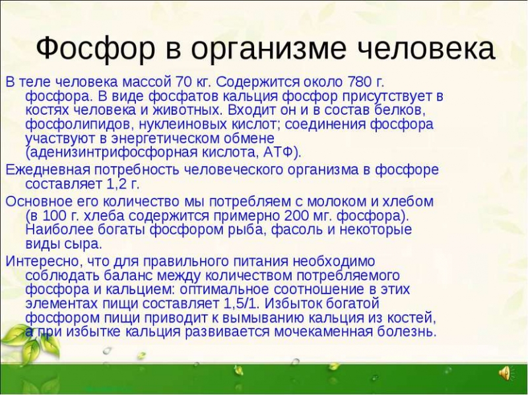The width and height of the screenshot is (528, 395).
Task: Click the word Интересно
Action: pos(42,260)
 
